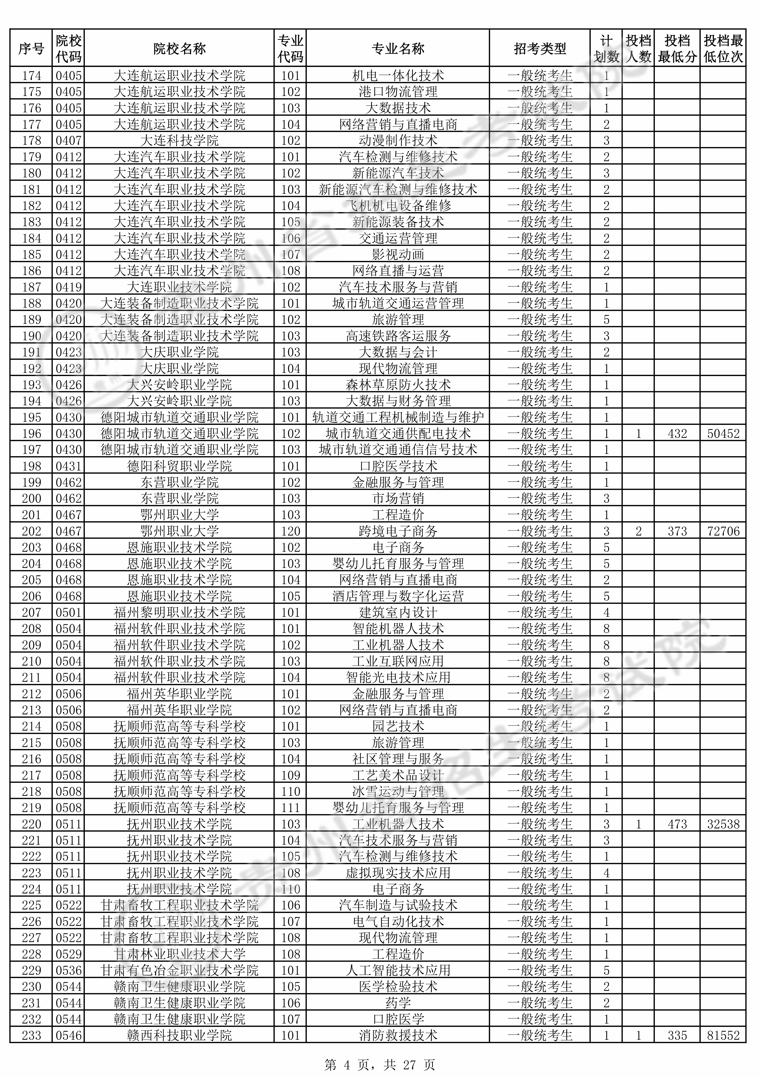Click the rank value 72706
point(723,531)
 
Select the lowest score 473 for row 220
point(677,824)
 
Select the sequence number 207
point(31,613)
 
